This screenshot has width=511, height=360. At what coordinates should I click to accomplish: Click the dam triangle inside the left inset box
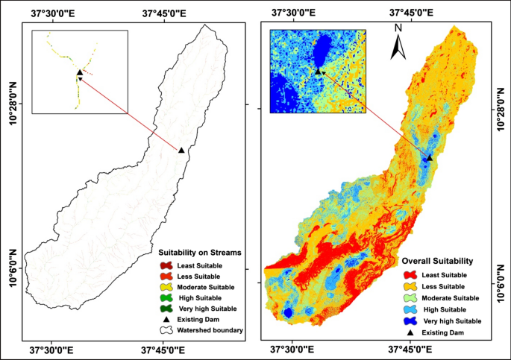(x=80, y=73)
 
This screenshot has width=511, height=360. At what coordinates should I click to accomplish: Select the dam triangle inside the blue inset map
(x=319, y=71)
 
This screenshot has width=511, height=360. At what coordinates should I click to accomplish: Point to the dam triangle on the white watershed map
(x=181, y=151)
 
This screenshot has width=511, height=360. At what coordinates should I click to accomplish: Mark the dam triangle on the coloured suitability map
(x=430, y=157)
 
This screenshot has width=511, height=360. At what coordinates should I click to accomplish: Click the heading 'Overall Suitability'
(x=437, y=262)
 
